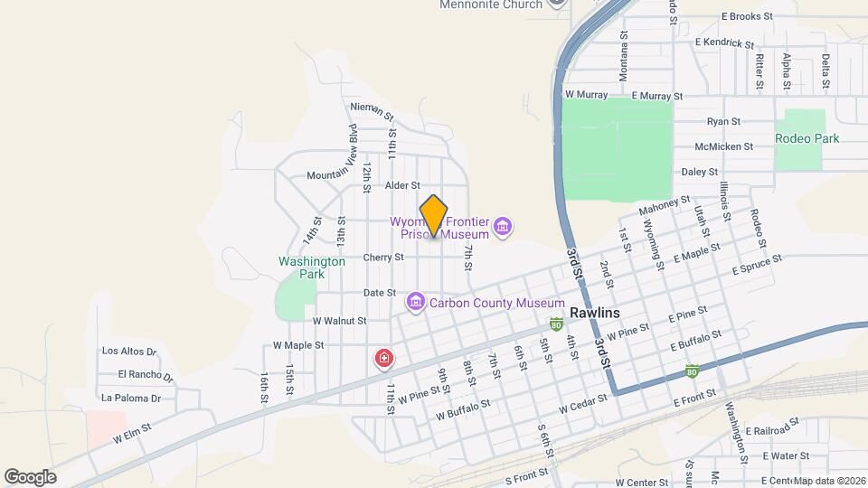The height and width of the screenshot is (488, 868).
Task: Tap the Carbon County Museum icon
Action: tap(416, 300)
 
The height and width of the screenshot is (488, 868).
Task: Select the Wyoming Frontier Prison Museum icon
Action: tap(504, 227)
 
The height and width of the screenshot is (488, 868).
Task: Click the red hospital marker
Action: tap(384, 360)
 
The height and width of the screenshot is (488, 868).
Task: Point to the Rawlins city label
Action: tap(595, 313)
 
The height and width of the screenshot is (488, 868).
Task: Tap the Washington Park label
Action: tap(312, 267)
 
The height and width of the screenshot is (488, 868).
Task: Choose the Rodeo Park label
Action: tap(807, 138)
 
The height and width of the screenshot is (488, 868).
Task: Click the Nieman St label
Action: tap(372, 110)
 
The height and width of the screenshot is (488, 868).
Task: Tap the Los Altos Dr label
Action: tap(129, 352)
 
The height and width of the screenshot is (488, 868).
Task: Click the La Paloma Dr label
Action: tap(131, 397)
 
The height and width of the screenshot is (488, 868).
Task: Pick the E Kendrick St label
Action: tap(724, 42)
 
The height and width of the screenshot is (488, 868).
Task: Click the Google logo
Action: tap(30, 476)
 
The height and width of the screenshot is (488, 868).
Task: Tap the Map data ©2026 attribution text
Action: tap(829, 481)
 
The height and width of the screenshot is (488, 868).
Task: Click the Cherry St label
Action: tap(383, 258)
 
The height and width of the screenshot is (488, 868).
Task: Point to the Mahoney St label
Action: tap(664, 207)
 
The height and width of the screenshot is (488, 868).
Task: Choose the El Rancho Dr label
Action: tap(145, 374)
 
